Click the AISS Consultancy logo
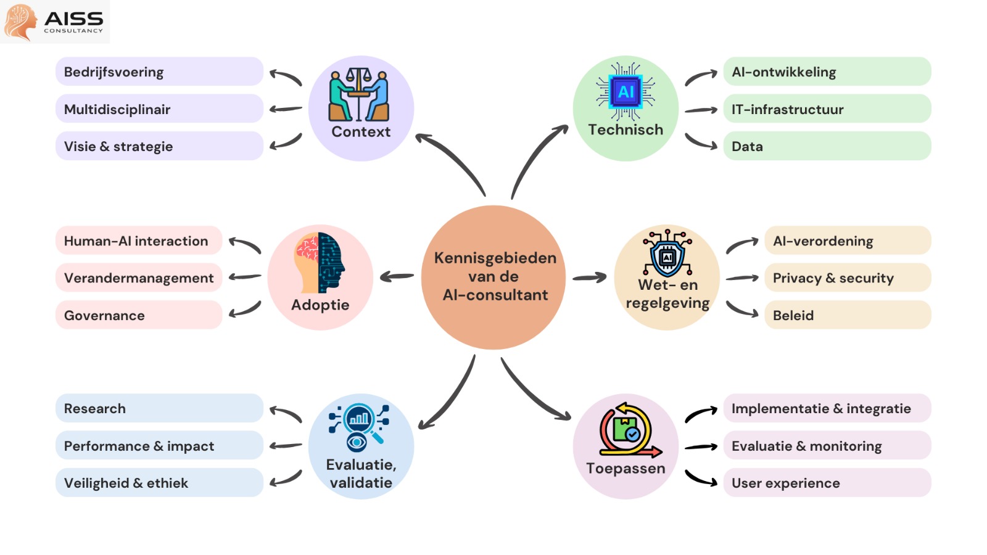pyautogui.click(x=54, y=22)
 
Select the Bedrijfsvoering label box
pyautogui.click(x=159, y=72)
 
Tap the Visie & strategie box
pyautogui.click(x=159, y=146)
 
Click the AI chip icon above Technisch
pyautogui.click(x=626, y=92)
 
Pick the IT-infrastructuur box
pyautogui.click(x=827, y=109)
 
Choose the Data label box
pyautogui.click(x=827, y=146)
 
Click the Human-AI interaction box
pyautogui.click(x=139, y=240)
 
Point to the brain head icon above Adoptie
pyautogui.click(x=320, y=263)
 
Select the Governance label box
pyautogui.click(x=139, y=315)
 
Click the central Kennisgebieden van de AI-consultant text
pyautogui.click(x=495, y=276)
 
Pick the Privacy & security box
pyautogui.click(x=848, y=278)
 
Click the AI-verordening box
pyautogui.click(x=848, y=240)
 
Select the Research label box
pyautogui.click(x=159, y=408)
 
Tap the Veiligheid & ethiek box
pyautogui.click(x=159, y=483)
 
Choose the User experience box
pyautogui.click(x=827, y=483)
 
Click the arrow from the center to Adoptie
pyautogui.click(x=397, y=277)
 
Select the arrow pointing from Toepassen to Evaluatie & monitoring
pyautogui.click(x=701, y=446)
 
